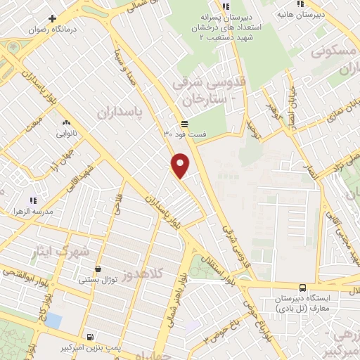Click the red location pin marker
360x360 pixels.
(x=181, y=165)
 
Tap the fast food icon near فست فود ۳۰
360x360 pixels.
(x=184, y=122)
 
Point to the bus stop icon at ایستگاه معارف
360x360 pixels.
(x=302, y=287)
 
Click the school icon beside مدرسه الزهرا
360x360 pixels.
(x=32, y=201)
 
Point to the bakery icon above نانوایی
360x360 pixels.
(x=67, y=122)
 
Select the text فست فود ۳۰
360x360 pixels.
(x=184, y=134)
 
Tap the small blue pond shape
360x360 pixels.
(x=52, y=321)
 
